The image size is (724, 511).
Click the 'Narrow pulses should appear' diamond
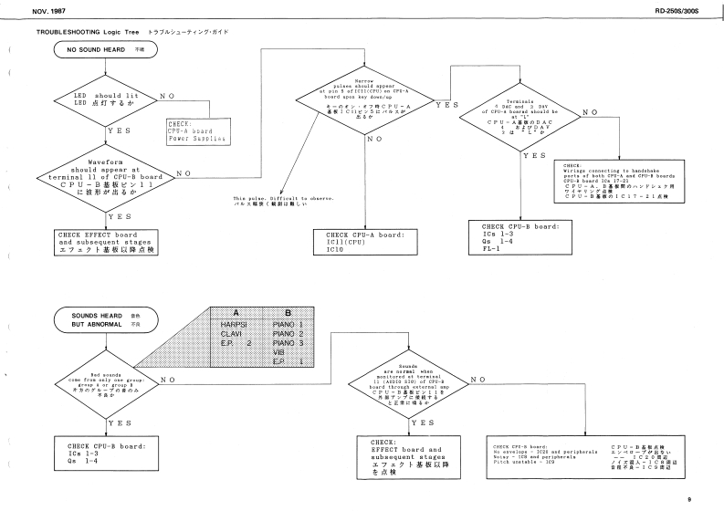point(365,106)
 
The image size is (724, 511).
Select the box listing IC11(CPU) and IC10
point(364,240)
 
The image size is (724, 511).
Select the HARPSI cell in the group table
point(227,324)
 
